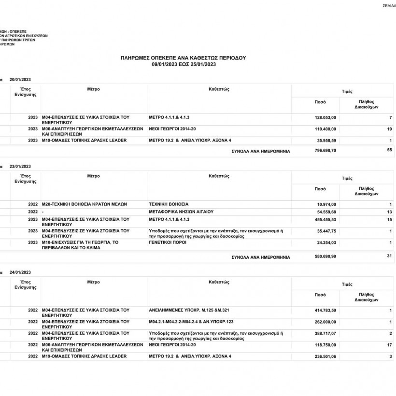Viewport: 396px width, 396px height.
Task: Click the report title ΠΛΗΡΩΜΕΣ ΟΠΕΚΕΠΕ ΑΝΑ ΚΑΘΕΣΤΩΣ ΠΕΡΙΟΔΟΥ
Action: (183, 57)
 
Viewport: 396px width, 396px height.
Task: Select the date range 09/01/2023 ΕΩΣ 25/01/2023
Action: (183, 63)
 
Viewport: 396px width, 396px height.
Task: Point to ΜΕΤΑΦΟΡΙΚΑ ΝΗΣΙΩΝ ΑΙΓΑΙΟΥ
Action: (181, 212)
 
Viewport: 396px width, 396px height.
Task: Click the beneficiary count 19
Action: (389, 129)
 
